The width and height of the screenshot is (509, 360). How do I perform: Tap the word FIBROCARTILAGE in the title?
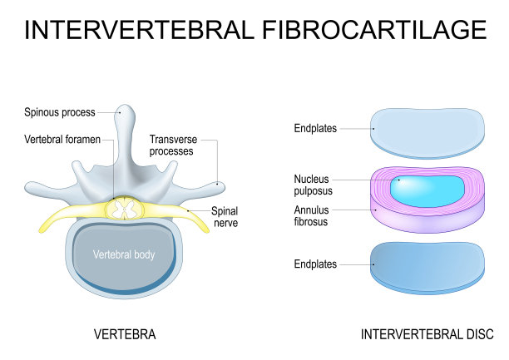pyautogui.click(x=375, y=30)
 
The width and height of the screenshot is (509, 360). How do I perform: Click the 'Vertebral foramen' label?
pyautogui.click(x=62, y=140)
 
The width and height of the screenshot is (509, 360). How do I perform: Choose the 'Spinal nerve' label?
pyautogui.click(x=225, y=218)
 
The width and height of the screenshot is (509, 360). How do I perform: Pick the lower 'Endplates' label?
pyautogui.click(x=315, y=264)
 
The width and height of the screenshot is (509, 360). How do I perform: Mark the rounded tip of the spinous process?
pyautogui.click(x=126, y=111)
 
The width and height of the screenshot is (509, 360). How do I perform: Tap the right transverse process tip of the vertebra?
pyautogui.click(x=217, y=185)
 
